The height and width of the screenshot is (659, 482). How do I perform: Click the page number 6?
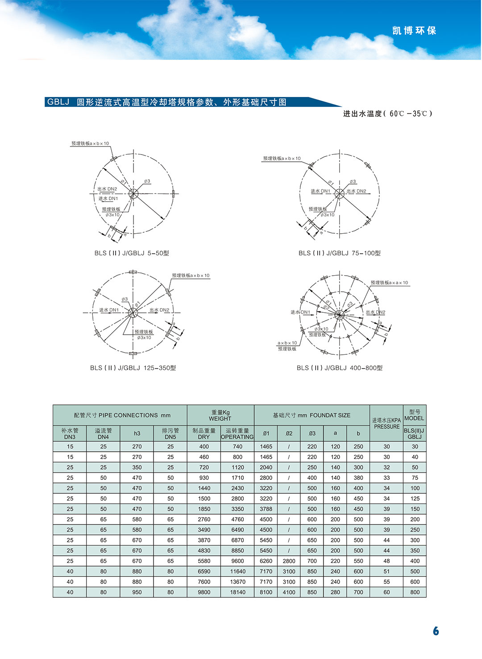tap(436, 630)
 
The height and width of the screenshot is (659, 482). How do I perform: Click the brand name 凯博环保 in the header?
tap(414, 31)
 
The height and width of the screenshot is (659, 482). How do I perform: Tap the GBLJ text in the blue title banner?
tap(58, 102)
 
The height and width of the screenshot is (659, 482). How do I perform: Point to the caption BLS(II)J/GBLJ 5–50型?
tap(132, 253)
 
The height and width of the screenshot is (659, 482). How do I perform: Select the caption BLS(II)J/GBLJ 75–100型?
tap(340, 253)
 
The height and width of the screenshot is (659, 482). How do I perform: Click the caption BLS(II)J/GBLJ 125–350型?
tap(133, 368)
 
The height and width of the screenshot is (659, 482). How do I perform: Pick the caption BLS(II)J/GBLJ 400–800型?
tap(340, 368)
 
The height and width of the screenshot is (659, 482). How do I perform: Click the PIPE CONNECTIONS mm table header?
tap(122, 415)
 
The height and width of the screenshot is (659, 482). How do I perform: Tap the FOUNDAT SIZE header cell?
tap(312, 415)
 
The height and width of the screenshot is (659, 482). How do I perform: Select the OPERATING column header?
tap(237, 437)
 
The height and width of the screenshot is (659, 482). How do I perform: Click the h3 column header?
tap(137, 433)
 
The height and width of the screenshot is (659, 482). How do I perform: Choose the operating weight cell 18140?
tap(237, 592)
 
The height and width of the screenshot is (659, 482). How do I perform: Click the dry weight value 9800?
tap(204, 592)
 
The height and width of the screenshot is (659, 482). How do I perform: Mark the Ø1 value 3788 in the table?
tap(266, 509)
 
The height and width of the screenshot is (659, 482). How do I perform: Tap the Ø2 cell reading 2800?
tap(289, 561)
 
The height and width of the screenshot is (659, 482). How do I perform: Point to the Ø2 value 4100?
tap(289, 592)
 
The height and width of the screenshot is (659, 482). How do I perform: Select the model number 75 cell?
tap(415, 478)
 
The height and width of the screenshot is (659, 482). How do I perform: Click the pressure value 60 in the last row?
tap(386, 592)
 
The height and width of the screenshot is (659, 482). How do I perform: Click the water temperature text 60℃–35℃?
tap(410, 113)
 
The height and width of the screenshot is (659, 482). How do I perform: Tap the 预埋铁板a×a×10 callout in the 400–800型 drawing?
tap(389, 283)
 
